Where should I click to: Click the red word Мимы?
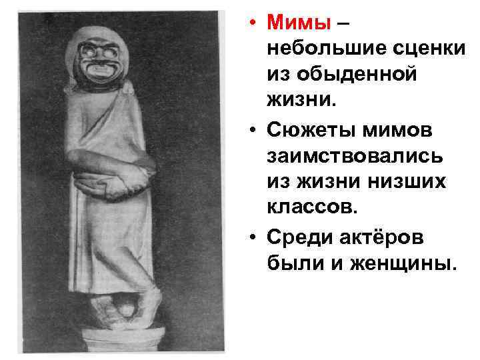299,23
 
